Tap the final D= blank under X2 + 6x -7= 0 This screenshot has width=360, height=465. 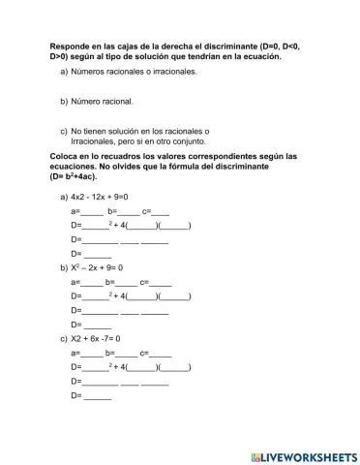(x=98, y=397)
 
